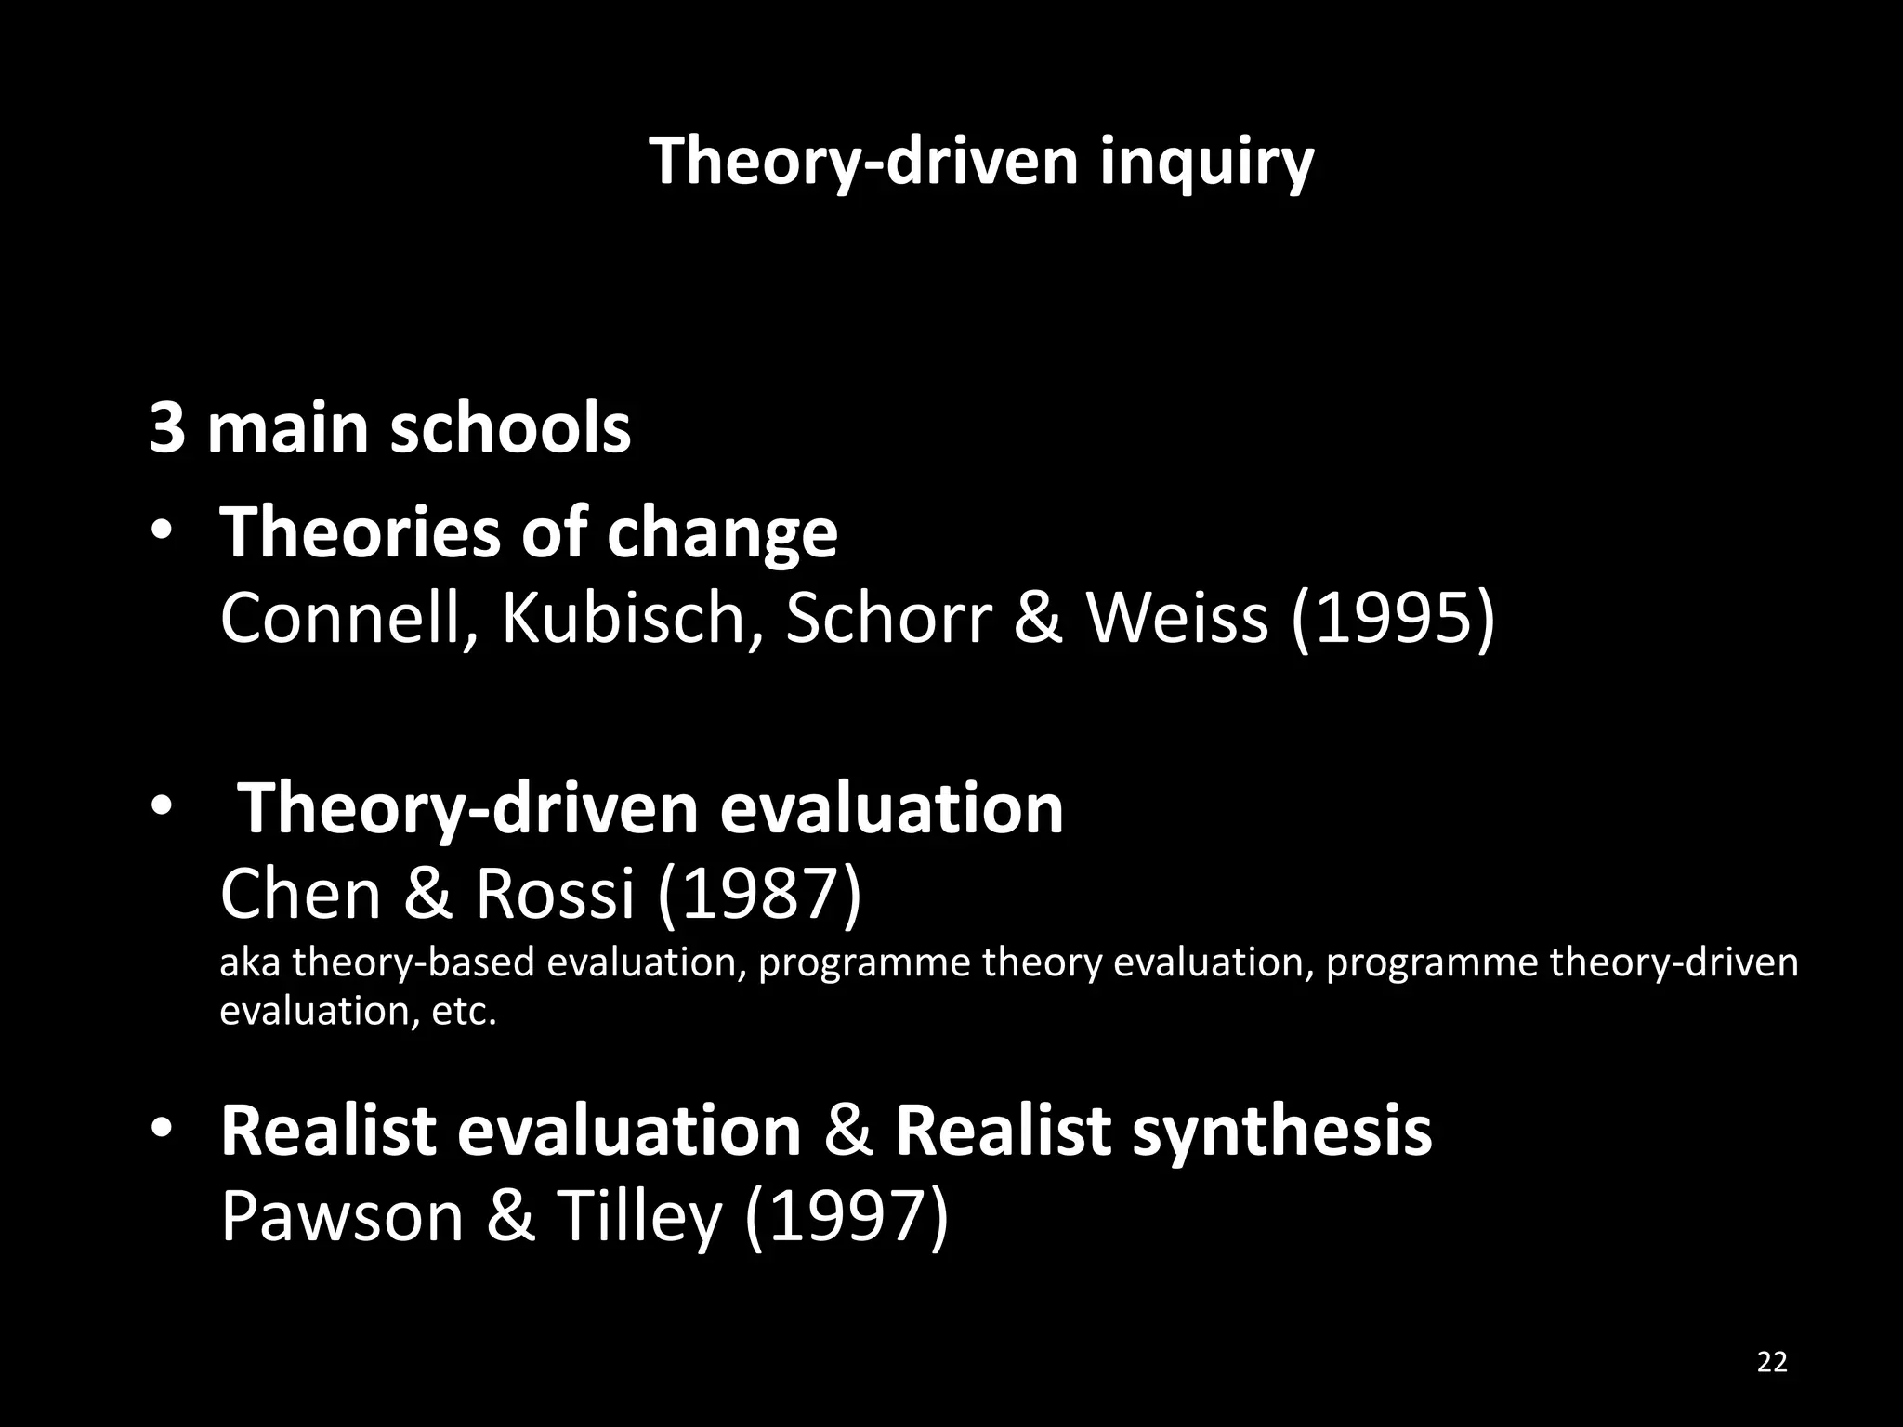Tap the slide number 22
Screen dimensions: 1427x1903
1772,1362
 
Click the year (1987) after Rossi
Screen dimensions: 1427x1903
759,894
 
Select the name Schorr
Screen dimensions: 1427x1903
888,618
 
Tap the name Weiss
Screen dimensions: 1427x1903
1177,618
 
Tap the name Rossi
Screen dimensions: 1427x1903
555,894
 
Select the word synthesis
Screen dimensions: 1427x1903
1281,1132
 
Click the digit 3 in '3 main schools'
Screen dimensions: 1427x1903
166,429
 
